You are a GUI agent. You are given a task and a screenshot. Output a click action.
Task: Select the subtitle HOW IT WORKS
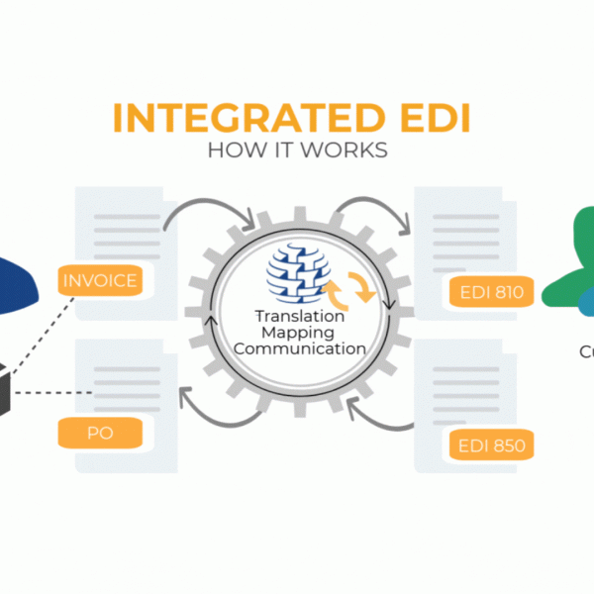(x=296, y=150)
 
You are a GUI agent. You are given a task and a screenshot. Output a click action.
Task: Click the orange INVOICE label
(x=100, y=280)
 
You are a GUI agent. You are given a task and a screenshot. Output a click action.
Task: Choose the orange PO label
(x=100, y=432)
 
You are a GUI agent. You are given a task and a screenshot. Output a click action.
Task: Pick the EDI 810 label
(x=492, y=292)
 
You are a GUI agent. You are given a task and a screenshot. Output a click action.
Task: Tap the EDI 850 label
(x=492, y=445)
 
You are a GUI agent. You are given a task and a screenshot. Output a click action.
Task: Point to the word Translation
(x=297, y=317)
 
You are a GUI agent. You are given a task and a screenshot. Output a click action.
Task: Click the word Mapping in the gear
(x=297, y=333)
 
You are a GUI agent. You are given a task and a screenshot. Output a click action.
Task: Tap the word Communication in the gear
(x=297, y=348)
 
